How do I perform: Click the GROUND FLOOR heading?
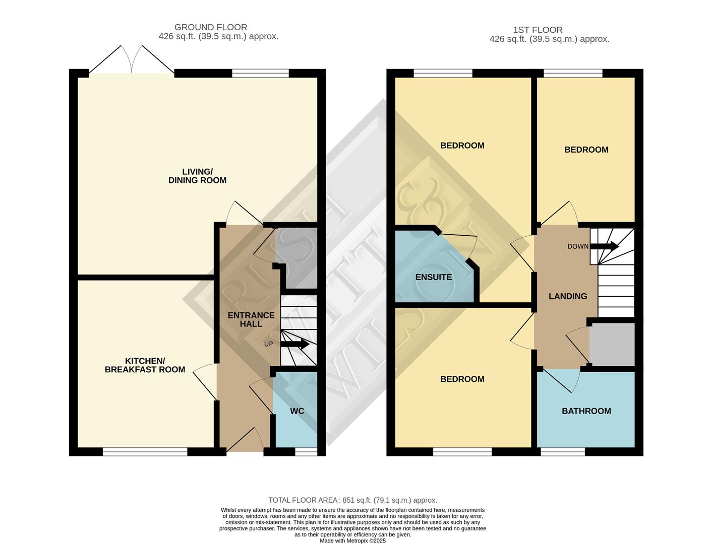click(x=211, y=27)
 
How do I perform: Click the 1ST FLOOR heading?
click(x=538, y=30)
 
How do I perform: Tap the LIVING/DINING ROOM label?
click(x=197, y=176)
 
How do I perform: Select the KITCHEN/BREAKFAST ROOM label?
click(x=145, y=365)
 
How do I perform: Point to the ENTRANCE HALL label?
click(x=251, y=319)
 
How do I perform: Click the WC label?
click(x=297, y=411)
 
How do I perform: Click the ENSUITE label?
click(x=433, y=277)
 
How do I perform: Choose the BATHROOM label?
click(x=586, y=411)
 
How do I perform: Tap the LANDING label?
click(x=568, y=296)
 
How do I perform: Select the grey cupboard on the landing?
click(x=612, y=345)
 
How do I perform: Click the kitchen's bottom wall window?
click(x=145, y=452)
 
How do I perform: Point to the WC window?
click(x=306, y=452)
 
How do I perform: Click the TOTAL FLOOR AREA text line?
click(x=352, y=500)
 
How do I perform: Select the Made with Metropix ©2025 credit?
click(x=352, y=540)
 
